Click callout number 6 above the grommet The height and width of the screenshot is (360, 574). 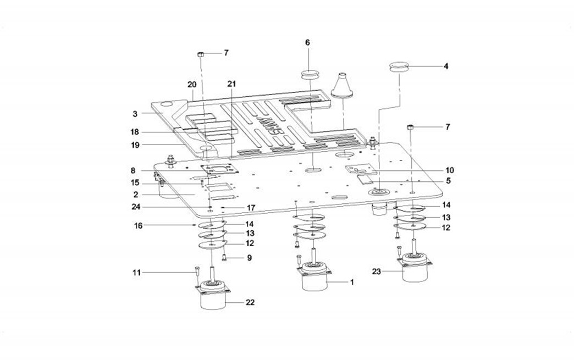307,42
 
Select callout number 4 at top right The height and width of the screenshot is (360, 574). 446,67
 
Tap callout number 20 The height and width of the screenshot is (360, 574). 191,85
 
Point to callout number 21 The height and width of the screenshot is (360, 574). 231,84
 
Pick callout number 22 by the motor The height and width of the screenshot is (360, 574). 251,302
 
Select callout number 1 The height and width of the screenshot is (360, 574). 352,281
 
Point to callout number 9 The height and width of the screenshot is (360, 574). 249,257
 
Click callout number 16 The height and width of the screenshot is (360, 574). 139,225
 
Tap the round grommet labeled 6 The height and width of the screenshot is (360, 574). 310,74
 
